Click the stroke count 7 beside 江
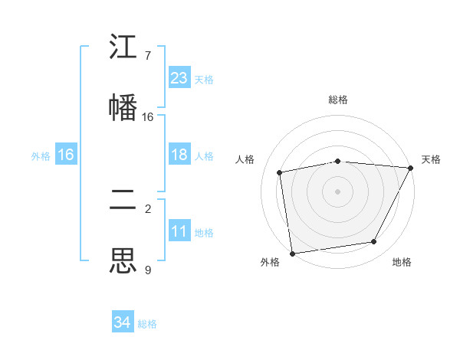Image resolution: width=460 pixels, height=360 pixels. [x=148, y=56]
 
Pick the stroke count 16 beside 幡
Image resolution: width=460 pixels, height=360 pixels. [x=148, y=116]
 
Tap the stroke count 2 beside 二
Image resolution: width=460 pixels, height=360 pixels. [x=148, y=209]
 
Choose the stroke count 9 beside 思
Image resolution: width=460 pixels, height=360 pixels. [x=148, y=270]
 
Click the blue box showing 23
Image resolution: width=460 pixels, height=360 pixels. [x=179, y=78]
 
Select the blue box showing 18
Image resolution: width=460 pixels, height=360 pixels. [x=179, y=155]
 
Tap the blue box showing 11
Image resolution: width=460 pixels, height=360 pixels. [x=179, y=231]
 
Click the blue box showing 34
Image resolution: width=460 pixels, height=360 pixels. [x=123, y=322]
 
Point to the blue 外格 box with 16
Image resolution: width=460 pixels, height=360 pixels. [x=66, y=155]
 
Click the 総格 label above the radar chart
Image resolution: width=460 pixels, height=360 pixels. [x=337, y=100]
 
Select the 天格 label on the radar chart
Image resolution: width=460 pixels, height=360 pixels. [x=431, y=159]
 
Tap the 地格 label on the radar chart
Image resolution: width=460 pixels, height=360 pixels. [x=402, y=263]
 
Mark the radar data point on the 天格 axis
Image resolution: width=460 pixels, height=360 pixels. [x=410, y=168]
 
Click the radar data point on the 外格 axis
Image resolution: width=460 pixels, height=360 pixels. [x=292, y=253]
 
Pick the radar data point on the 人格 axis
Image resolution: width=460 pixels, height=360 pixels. [x=280, y=172]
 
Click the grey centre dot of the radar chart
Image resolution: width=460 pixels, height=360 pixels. [x=337, y=191]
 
